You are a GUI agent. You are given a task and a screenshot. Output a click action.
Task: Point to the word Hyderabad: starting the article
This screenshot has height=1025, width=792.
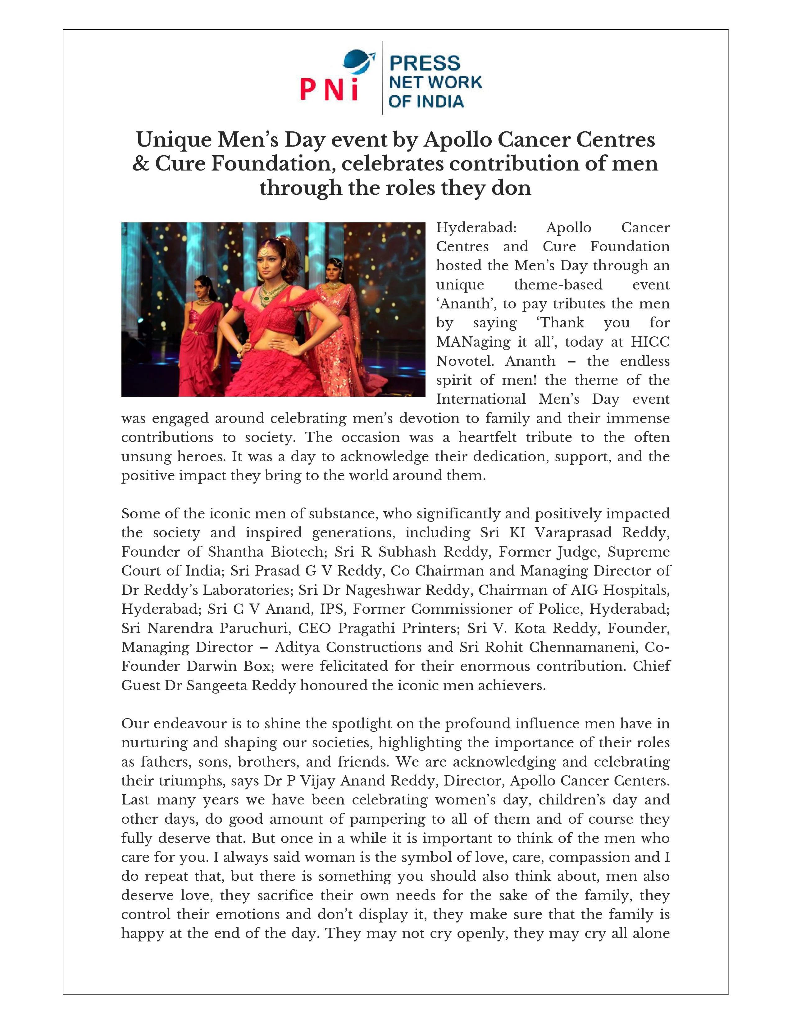pyautogui.click(x=476, y=228)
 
